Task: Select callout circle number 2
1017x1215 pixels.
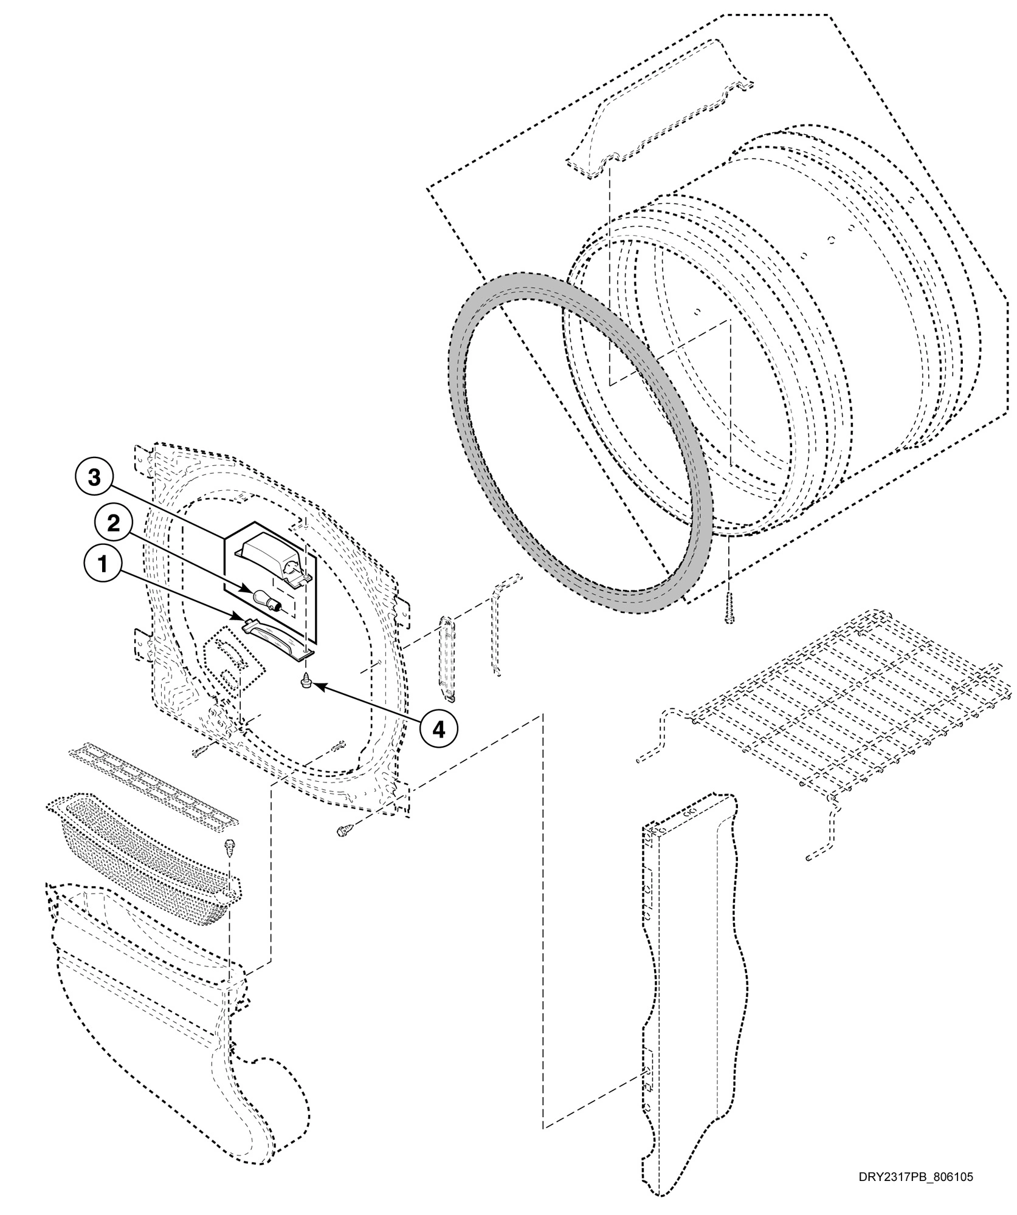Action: pyautogui.click(x=114, y=522)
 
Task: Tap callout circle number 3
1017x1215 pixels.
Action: pyautogui.click(x=94, y=477)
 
